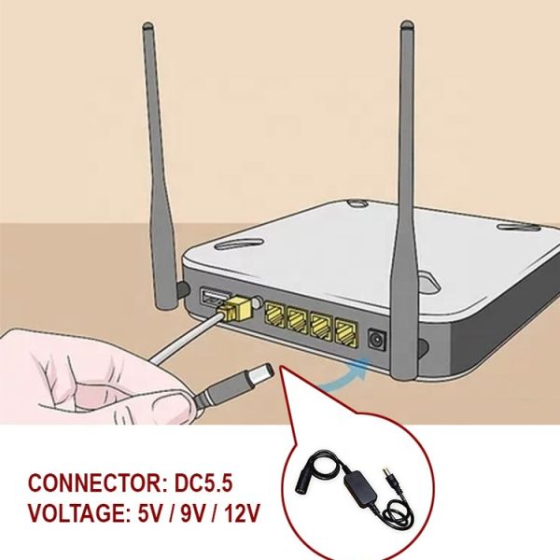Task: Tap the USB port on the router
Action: (212, 299)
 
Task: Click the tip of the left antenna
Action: (147, 31)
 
